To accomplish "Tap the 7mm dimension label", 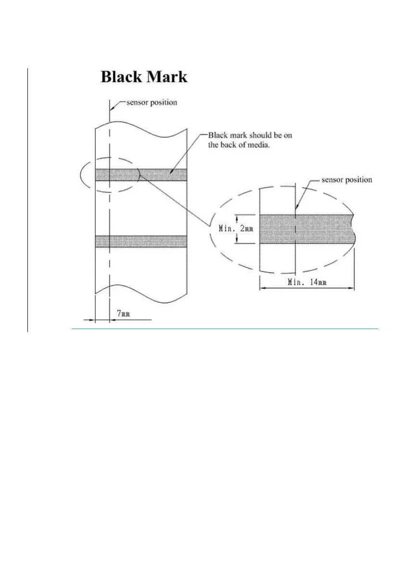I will pos(123,314).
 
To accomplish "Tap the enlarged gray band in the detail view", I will pos(317,229).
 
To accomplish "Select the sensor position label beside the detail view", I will pos(346,180).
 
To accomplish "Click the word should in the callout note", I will pos(253,136).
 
